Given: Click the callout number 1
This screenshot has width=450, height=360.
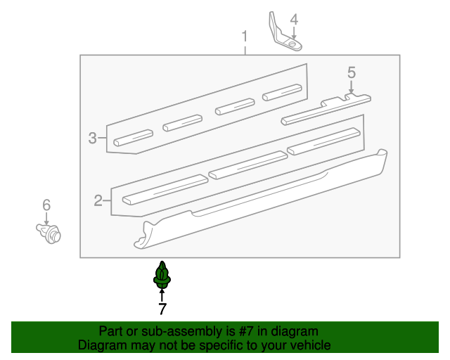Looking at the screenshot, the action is pos(245,37).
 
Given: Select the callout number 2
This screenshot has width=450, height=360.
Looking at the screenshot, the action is pos(98,200).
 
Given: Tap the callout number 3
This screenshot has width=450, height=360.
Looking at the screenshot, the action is pos(92,138).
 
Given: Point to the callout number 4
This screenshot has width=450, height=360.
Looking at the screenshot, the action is pos(294,20).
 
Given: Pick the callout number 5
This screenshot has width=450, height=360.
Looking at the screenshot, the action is pos(352,72).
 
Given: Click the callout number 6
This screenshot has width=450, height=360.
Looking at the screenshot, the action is pos(46,205).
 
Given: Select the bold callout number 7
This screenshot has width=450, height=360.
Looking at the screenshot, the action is pos(162,309).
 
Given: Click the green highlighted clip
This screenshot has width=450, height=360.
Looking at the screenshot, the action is pos(162,275).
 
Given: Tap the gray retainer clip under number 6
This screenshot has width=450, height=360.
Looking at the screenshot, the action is pos(49,233).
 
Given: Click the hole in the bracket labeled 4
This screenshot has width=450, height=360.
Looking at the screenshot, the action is pos(292,44).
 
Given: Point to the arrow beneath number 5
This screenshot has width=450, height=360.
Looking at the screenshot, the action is pos(351,87).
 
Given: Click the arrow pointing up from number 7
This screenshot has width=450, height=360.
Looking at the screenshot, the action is pos(162,295).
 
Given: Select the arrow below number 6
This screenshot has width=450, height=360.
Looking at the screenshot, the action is pos(46,219).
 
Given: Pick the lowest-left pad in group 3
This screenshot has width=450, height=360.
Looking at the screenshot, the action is pos(133,138).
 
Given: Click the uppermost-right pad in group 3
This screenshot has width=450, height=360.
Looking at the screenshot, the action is pos(282,92).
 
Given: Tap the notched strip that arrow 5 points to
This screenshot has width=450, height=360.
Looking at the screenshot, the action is pos(326,110).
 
